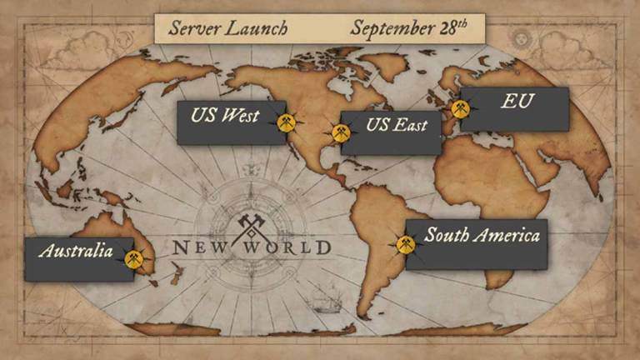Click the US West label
click(x=225, y=116)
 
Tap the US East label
click(x=397, y=127)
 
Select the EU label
click(x=517, y=102)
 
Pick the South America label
click(x=482, y=236)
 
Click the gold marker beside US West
click(x=287, y=122)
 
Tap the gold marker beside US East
click(x=340, y=132)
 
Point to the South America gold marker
click(x=404, y=243)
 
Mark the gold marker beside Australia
click(x=132, y=257)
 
